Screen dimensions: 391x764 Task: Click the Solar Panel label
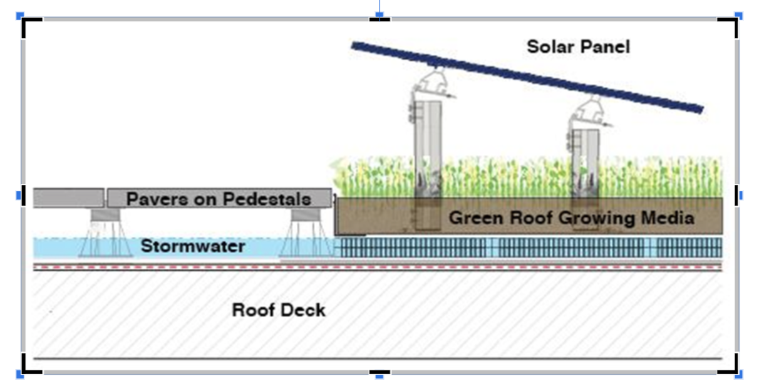(x=578, y=46)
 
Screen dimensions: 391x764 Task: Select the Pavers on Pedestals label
(x=219, y=199)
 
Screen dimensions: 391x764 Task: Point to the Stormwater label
(x=193, y=246)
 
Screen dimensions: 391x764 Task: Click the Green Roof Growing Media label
(x=571, y=218)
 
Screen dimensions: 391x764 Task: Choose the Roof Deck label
(x=279, y=310)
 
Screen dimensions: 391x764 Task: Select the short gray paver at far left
(x=68, y=198)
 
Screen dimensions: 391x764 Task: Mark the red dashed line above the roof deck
(x=376, y=266)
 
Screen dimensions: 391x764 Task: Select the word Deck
(x=304, y=310)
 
